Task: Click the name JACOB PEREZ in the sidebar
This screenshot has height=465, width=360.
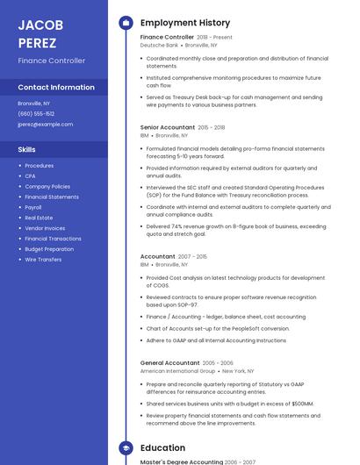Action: tap(38, 33)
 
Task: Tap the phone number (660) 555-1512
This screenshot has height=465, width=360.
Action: tap(36, 113)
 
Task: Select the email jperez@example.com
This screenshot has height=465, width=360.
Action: tap(45, 124)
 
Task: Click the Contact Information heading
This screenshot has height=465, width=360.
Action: tap(56, 87)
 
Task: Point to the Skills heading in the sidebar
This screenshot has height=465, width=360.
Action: tap(26, 149)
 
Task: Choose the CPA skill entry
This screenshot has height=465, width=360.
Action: tap(30, 176)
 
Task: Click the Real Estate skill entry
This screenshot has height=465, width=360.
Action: tap(39, 218)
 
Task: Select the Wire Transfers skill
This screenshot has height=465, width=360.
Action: tap(43, 260)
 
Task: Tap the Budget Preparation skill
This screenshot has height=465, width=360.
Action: tap(49, 249)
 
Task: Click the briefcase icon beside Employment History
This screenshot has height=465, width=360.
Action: tap(125, 23)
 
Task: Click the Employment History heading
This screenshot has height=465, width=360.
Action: tap(185, 23)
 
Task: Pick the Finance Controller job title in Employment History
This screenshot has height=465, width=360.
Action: tap(167, 38)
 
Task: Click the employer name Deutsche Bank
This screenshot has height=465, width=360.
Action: tap(159, 45)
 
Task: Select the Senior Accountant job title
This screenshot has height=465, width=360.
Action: tap(168, 127)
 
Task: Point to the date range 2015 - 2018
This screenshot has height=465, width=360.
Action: tap(212, 127)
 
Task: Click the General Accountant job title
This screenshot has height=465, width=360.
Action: tap(169, 362)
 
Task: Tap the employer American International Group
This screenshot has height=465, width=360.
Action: tap(177, 370)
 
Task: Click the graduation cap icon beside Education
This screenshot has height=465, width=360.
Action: tap(125, 447)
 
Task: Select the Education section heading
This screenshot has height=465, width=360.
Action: tap(162, 447)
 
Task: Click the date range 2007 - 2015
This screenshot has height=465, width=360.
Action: tap(193, 256)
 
